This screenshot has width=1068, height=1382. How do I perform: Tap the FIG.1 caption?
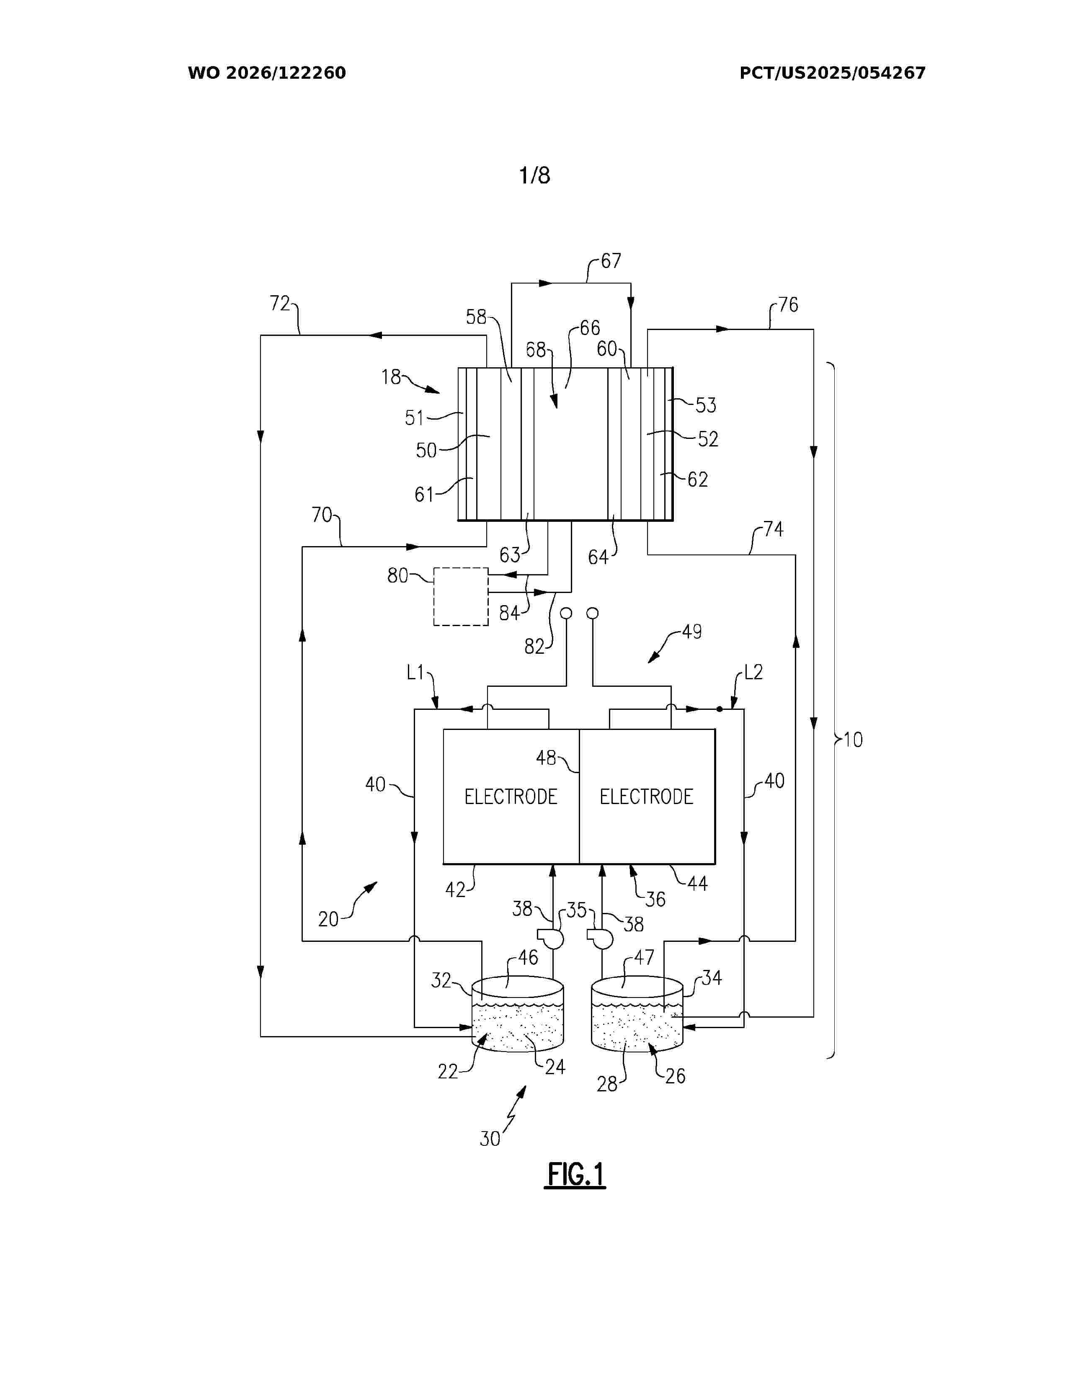[x=575, y=1175]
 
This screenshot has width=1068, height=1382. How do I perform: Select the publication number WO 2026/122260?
[x=267, y=73]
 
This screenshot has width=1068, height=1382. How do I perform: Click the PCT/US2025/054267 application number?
[x=833, y=73]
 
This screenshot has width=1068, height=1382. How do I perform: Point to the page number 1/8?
[x=535, y=175]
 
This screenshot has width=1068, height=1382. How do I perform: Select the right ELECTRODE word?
[x=647, y=797]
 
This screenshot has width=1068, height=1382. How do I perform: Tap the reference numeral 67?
[x=611, y=261]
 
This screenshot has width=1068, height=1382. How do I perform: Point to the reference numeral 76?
[x=788, y=305]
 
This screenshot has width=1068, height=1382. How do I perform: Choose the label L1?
[x=415, y=672]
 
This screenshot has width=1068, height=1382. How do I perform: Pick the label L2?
[x=753, y=672]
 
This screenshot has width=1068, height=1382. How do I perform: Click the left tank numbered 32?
[x=518, y=1013]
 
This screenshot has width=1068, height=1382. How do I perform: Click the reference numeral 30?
[x=490, y=1139]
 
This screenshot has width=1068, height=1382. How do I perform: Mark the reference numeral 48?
[x=546, y=758]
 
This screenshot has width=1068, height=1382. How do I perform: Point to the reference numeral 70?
[x=321, y=515]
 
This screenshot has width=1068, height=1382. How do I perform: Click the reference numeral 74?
[x=773, y=529]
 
